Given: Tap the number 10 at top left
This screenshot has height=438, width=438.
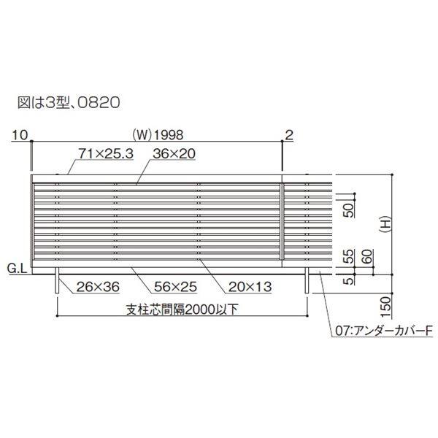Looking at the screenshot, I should tap(20, 134).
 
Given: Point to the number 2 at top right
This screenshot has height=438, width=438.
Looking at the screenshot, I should tap(289, 134).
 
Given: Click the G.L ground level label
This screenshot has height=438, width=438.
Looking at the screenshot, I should tap(18, 269).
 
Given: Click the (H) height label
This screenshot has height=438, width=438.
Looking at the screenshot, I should tap(386, 227).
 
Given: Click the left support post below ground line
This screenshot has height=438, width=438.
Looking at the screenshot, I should tap(58, 283).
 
